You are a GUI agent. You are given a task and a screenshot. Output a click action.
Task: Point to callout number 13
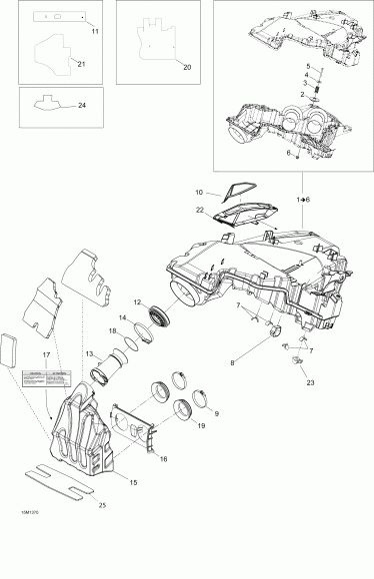coord(89,353)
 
